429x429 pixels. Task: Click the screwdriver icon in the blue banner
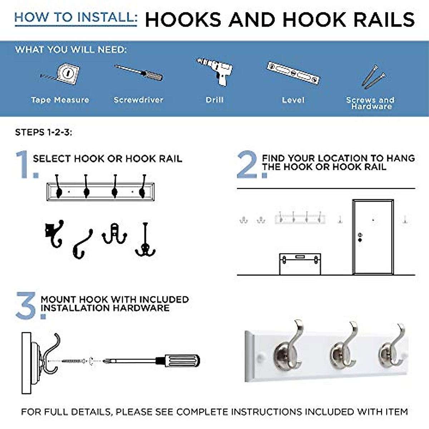139,72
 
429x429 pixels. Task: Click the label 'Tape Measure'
60,100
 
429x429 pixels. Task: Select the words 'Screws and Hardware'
371,103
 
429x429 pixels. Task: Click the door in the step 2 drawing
373,237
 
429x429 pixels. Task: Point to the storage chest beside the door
300,264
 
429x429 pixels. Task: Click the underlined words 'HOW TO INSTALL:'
75,18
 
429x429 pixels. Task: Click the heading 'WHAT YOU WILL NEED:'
71,50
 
